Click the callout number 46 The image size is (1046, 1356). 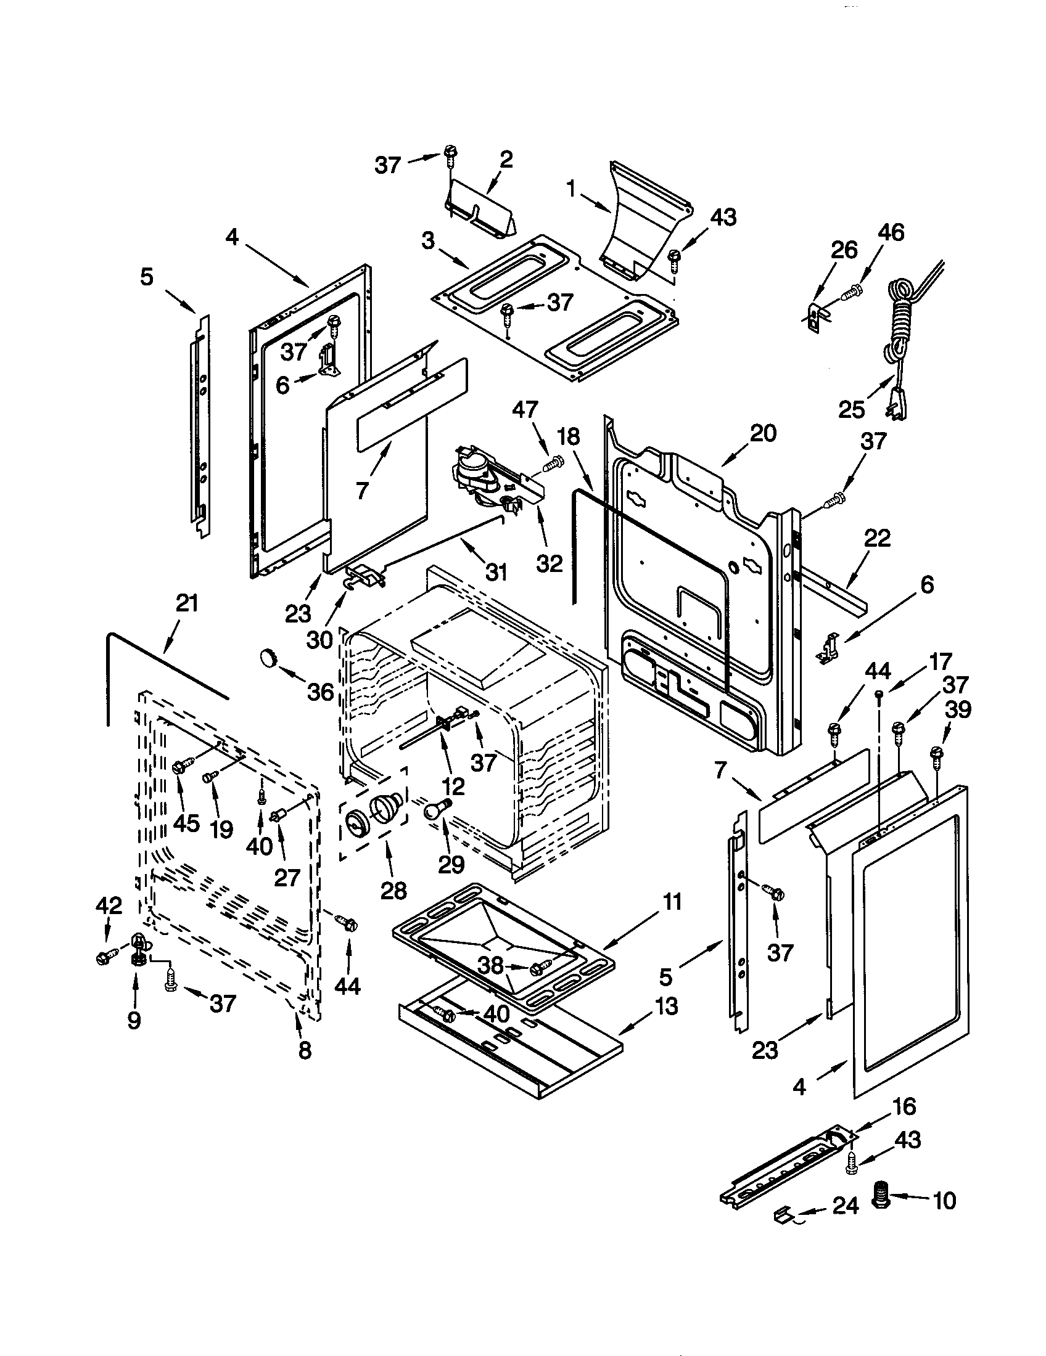891,233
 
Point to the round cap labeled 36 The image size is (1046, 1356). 269,657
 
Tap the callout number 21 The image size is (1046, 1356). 186,603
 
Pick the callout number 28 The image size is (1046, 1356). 393,891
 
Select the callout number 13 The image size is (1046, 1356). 666,1007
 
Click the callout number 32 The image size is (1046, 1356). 549,564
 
